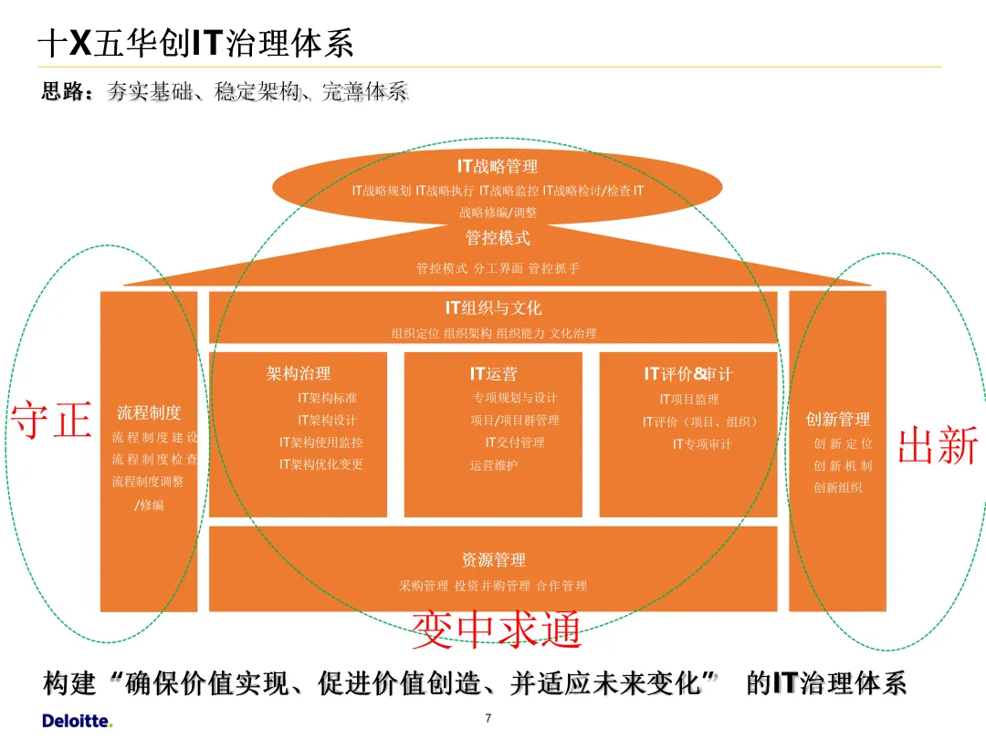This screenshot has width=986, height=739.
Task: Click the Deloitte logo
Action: click(x=78, y=721)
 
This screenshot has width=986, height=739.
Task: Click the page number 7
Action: click(x=488, y=719)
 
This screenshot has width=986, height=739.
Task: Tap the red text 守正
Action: click(x=51, y=422)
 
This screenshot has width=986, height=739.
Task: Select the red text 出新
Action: click(x=939, y=446)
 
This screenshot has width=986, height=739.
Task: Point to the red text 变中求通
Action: click(x=497, y=630)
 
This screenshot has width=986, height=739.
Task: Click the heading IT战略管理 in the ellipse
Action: click(x=498, y=166)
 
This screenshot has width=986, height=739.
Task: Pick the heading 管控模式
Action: click(x=498, y=238)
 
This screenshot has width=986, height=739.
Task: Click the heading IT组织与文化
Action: click(x=493, y=308)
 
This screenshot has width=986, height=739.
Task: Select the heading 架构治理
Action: click(x=299, y=373)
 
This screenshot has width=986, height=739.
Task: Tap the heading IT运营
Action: click(x=493, y=373)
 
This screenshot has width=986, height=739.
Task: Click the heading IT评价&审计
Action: click(x=688, y=373)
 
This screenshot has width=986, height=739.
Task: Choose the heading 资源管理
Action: click(x=493, y=559)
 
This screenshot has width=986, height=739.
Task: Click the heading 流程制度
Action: click(x=149, y=412)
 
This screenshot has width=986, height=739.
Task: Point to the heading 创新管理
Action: click(x=838, y=419)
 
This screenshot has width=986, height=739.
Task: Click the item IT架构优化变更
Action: click(x=321, y=464)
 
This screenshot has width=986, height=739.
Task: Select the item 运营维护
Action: click(x=494, y=465)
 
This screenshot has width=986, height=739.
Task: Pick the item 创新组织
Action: click(x=838, y=487)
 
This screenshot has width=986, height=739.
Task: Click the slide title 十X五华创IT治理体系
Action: click(x=195, y=44)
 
